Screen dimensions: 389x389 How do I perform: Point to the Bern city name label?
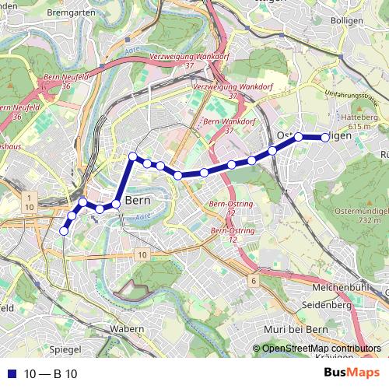pos(137,199)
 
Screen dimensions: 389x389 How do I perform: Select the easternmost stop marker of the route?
pos(325,138)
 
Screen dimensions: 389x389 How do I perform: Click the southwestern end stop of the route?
pos(64,231)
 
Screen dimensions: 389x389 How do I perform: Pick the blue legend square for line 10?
pos(8,374)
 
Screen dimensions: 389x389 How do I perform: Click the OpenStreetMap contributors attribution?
pos(321,349)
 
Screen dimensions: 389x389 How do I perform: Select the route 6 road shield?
pos(254,280)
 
